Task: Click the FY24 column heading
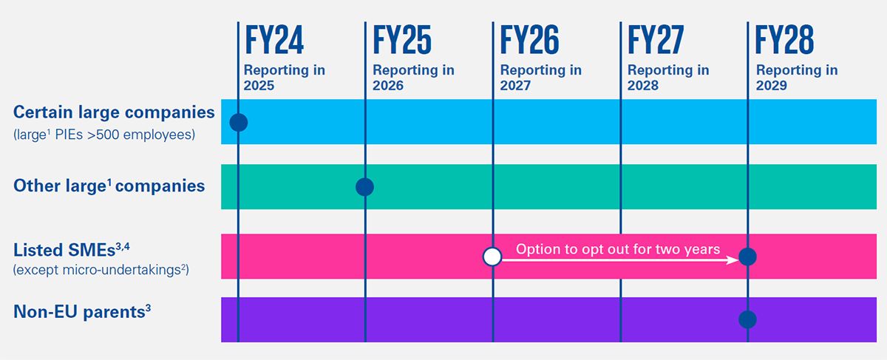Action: pos(273,41)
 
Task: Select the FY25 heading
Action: pos(402,41)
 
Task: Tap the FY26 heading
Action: pos(529,41)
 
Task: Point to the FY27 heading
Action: pos(656,41)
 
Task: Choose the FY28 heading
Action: pos(784,41)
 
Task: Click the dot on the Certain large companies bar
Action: pos(238,122)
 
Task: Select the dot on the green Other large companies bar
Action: pos(364,187)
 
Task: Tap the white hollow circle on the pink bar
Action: pos(492,257)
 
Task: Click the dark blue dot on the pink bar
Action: pos(747,257)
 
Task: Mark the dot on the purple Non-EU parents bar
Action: pos(747,319)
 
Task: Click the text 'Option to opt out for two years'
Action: pos(617,249)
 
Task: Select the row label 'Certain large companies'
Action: pos(114,112)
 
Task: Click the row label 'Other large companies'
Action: pos(109,186)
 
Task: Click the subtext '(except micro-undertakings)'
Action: pos(101,271)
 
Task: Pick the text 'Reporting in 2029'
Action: pos(796,78)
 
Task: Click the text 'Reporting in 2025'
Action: pos(285,78)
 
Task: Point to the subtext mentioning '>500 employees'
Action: pos(104,135)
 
